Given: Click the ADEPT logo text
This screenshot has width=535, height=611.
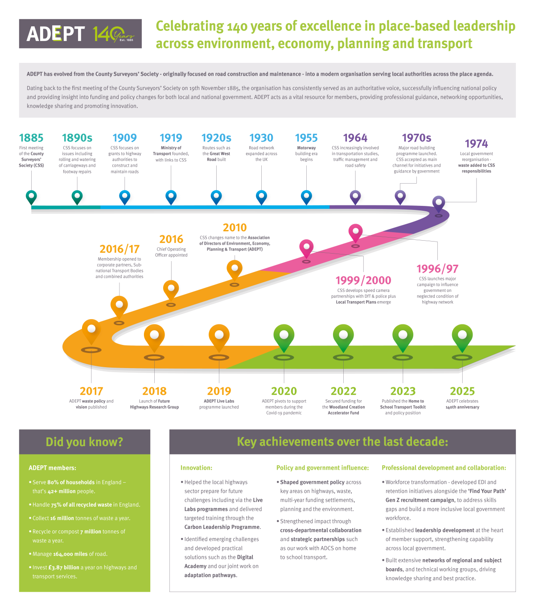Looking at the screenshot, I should click(56, 34).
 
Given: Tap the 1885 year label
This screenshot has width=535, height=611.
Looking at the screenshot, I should click(31, 138).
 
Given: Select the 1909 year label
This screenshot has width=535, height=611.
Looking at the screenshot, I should click(124, 138).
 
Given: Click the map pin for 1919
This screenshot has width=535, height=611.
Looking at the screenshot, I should click(171, 196).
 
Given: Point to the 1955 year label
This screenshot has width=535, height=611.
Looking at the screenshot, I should click(306, 138).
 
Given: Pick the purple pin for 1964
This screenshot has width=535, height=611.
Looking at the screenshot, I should click(355, 196).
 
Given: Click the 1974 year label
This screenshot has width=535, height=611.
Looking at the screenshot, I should click(476, 144).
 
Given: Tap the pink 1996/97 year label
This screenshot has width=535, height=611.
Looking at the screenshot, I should click(437, 269).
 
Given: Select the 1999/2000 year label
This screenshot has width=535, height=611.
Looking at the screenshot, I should click(363, 280).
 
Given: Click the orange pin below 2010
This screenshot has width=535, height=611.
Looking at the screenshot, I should click(235, 269).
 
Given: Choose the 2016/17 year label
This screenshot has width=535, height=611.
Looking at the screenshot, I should click(119, 249).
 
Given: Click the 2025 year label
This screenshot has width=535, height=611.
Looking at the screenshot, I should click(462, 391).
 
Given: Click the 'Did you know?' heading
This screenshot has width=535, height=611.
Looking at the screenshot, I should click(84, 442).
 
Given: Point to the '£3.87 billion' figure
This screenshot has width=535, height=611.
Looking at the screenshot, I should click(64, 567).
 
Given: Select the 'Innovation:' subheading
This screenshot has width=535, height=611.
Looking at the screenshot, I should click(196, 468).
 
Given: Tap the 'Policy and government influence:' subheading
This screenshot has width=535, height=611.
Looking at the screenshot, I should click(322, 468).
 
